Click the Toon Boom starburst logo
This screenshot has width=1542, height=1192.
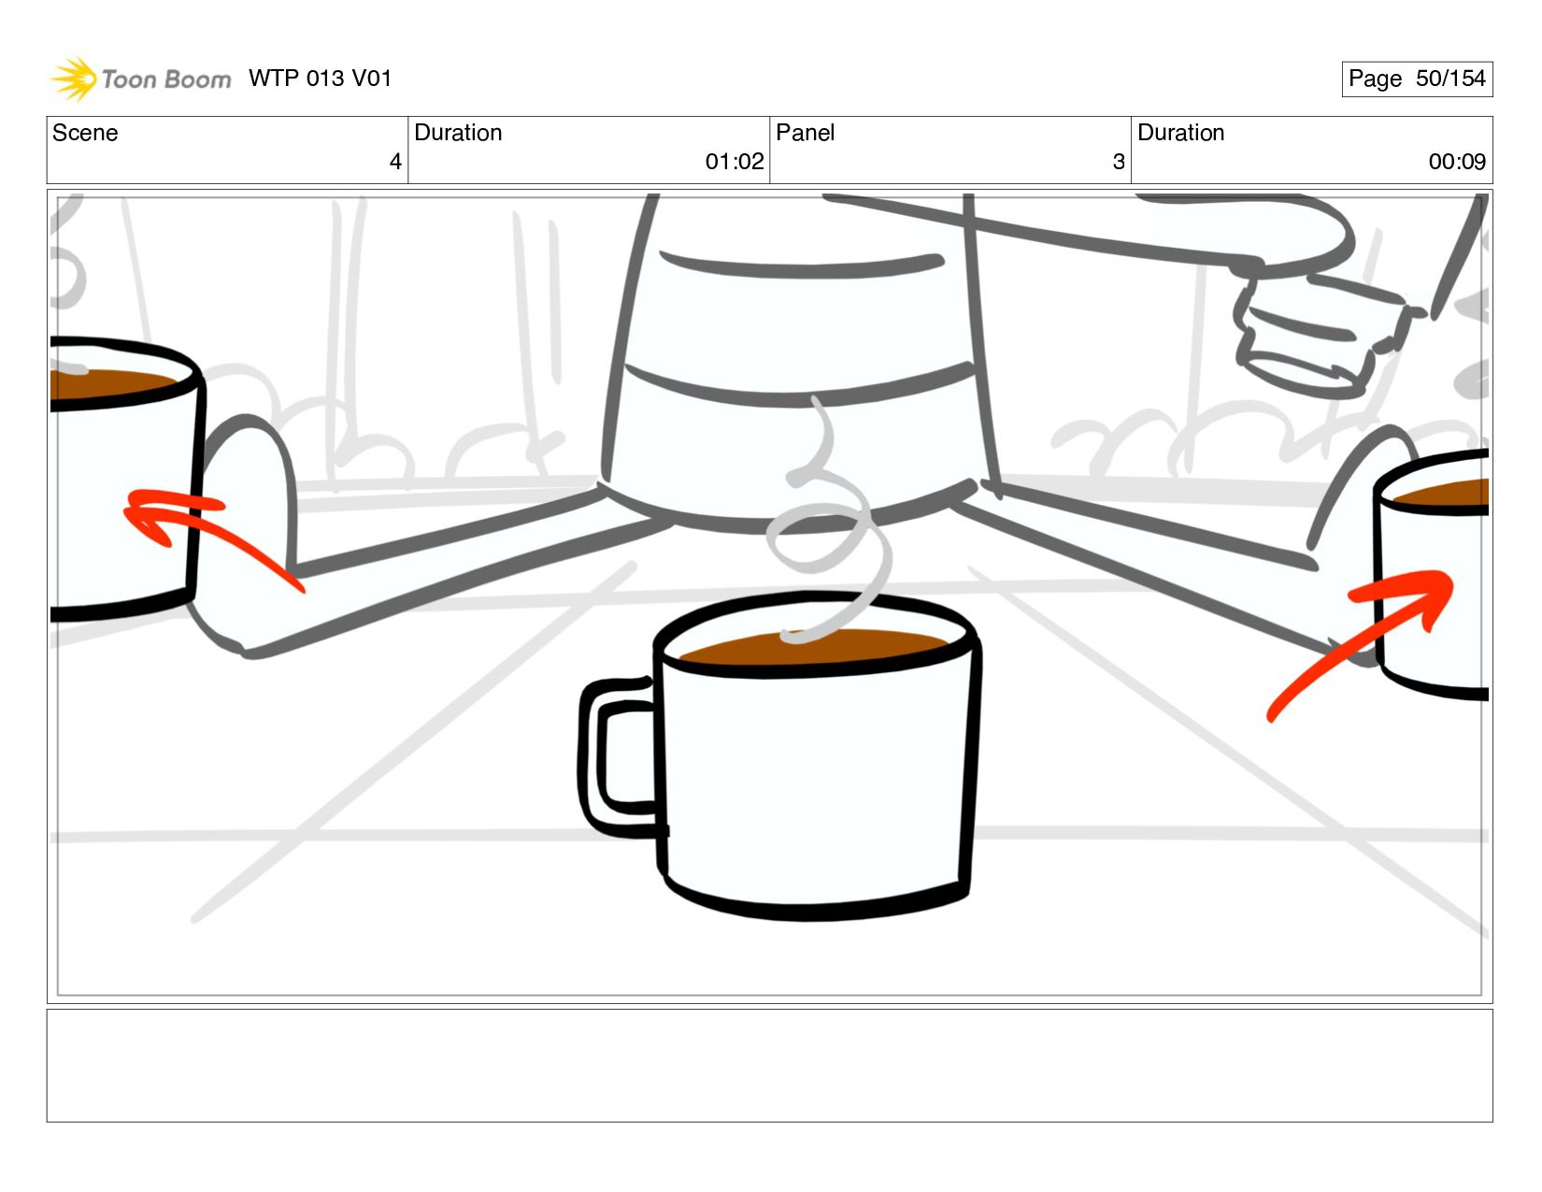74,79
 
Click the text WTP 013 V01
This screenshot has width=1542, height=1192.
320,79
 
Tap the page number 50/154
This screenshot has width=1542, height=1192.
1449,79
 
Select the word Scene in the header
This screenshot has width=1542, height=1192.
85,133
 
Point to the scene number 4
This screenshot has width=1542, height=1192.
395,162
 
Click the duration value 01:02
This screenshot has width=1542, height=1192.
735,162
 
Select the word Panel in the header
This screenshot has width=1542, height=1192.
805,133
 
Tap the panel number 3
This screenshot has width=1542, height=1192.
1119,162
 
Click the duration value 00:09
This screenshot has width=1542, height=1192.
1457,162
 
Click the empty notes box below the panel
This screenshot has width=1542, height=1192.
770,1066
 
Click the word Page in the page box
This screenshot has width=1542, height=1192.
1375,79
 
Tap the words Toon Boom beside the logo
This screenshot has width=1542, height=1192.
166,79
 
